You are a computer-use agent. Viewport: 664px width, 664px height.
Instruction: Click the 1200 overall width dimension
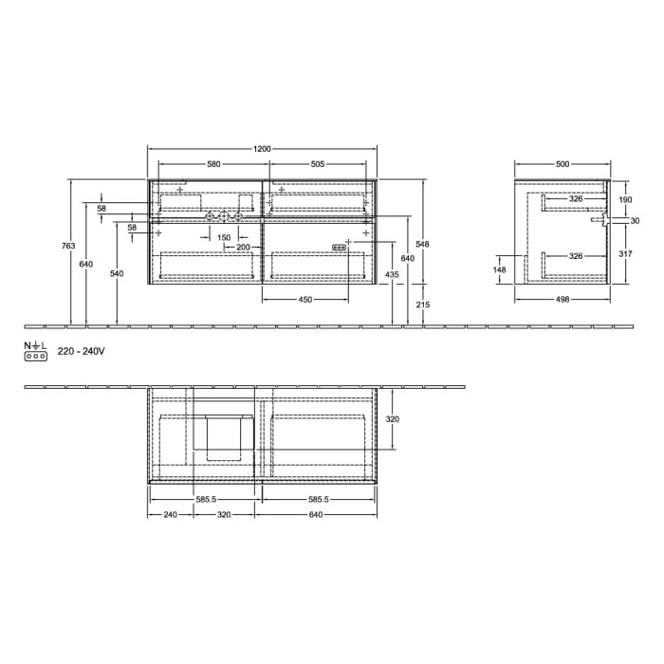pos(263,149)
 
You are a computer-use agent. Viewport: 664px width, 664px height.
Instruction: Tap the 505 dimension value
pos(318,164)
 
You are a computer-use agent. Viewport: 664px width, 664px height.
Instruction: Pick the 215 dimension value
pos(423,304)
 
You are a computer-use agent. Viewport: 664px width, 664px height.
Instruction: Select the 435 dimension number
pos(392,274)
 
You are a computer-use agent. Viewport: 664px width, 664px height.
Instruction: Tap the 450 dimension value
pos(304,300)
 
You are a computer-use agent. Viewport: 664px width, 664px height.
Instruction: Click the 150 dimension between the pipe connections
pos(223,237)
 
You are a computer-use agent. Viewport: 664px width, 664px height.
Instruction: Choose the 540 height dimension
pos(117,273)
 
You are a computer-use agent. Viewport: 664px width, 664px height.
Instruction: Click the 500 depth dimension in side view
pos(563,164)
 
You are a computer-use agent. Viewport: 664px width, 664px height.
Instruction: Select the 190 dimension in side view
pos(624,200)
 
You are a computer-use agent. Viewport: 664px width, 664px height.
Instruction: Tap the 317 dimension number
pos(624,253)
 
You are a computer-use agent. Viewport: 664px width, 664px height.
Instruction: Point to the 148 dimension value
pos(500,269)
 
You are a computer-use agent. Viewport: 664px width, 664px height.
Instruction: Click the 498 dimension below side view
pos(563,300)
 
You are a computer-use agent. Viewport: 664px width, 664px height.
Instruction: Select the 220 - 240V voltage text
pos(81,352)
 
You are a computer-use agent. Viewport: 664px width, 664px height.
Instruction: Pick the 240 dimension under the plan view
pos(171,515)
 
